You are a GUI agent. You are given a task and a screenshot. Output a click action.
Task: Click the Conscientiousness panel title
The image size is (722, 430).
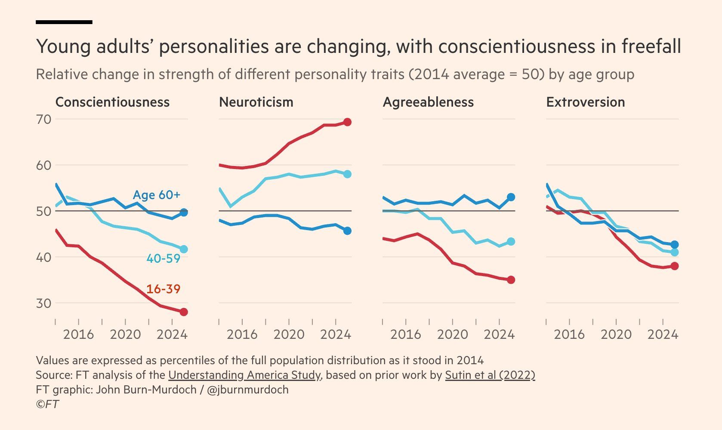pyautogui.click(x=112, y=102)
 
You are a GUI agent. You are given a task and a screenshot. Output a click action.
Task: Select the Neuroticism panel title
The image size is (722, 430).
pyautogui.click(x=256, y=102)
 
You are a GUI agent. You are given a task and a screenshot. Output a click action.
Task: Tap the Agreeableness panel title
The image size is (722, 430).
pyautogui.click(x=428, y=102)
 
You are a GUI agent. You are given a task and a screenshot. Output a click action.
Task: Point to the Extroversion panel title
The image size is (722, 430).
pyautogui.click(x=585, y=102)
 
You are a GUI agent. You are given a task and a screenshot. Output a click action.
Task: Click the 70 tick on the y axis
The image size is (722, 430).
pyautogui.click(x=43, y=119)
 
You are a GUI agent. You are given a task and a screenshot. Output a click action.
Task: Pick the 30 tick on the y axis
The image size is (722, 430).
pyautogui.click(x=43, y=303)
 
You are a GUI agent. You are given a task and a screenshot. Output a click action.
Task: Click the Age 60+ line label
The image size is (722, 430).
pyautogui.click(x=157, y=195)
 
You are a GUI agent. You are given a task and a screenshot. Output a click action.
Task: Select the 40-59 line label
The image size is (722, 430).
pyautogui.click(x=163, y=258)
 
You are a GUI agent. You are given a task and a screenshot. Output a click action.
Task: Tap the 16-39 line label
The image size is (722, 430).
pyautogui.click(x=163, y=289)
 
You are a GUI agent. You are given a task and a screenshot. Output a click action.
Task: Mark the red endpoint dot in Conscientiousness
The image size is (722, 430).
pyautogui.click(x=184, y=312)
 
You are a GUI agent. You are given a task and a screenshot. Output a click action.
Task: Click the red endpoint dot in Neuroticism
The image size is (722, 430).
pyautogui.click(x=347, y=122)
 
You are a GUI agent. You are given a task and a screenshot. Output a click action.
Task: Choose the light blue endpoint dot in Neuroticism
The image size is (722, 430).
pyautogui.click(x=347, y=174)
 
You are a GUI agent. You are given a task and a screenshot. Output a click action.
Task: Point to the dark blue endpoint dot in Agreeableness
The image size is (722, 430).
pyautogui.click(x=511, y=197)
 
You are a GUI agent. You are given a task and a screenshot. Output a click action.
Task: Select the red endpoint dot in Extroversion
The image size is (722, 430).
pyautogui.click(x=675, y=266)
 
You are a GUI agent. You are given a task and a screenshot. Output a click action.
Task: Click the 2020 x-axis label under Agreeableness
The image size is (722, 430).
pyautogui.click(x=452, y=335)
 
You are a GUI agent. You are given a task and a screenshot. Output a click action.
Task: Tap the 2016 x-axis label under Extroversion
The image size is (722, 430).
pyautogui.click(x=569, y=335)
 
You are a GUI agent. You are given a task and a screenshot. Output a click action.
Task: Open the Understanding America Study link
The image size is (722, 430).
pyautogui.click(x=244, y=375)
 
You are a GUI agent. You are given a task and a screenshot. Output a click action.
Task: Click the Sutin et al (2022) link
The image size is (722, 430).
pyautogui.click(x=490, y=375)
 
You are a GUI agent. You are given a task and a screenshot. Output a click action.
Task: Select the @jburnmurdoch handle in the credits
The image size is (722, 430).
pyautogui.click(x=247, y=390)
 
